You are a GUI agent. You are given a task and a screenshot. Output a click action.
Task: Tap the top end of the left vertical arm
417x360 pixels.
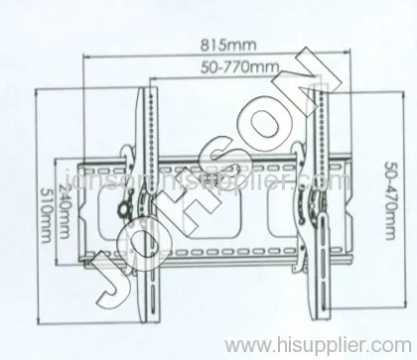point(152,94)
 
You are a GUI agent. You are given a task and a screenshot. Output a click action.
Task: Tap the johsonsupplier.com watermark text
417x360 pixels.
point(208,183)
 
